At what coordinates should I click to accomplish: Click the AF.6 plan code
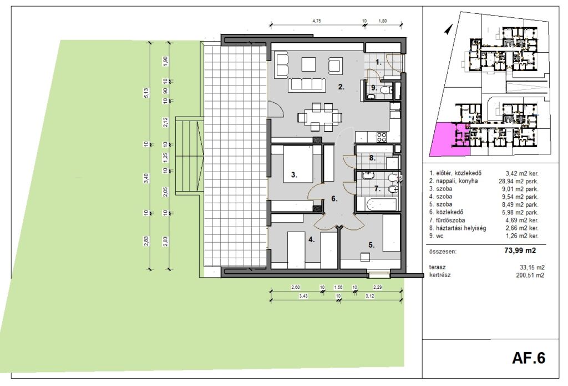[529, 358]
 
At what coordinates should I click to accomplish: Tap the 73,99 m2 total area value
[520, 250]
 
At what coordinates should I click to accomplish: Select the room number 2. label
[341, 87]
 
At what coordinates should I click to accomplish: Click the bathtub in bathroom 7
[377, 204]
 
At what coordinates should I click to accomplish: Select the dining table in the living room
[319, 117]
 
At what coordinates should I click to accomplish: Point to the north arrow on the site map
[448, 29]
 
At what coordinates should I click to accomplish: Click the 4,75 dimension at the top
[317, 21]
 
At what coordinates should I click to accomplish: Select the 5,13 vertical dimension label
[146, 93]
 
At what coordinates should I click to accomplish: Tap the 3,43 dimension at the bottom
[303, 296]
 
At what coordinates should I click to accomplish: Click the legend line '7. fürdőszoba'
[448, 220]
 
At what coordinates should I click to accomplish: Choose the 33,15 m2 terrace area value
[532, 267]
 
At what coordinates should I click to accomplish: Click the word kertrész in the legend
[440, 275]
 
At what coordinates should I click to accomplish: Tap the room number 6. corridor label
[334, 199]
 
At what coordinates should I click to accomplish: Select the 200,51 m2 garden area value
[530, 275]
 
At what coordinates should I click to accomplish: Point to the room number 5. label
[372, 245]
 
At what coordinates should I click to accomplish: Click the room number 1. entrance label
[378, 62]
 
